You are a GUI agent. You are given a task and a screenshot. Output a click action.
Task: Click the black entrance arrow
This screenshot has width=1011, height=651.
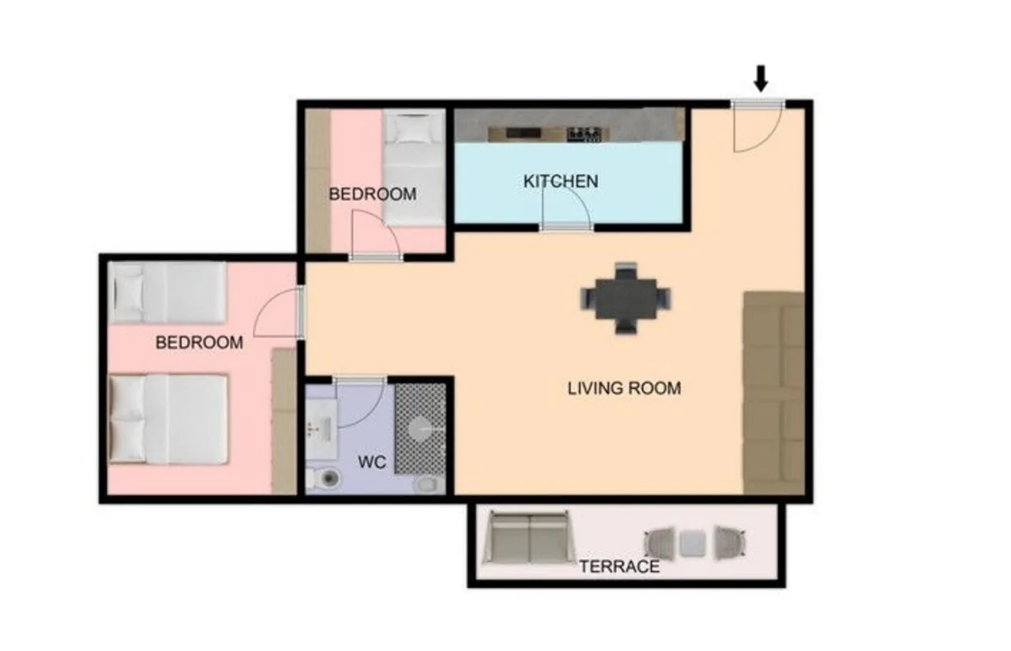761,78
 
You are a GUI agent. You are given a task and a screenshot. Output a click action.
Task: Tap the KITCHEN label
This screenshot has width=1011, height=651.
561,182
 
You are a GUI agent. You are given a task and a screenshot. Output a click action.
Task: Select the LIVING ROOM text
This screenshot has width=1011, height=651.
624,388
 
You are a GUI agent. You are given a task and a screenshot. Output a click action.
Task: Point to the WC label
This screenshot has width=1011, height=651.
372,462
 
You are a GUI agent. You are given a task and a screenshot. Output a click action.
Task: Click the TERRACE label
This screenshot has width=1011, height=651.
619,566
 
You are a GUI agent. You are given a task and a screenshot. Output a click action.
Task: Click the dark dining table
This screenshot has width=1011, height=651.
626,299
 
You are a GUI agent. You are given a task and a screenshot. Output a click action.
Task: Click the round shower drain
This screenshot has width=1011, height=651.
423,428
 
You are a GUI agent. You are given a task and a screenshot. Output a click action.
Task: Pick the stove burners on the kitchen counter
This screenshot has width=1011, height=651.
584,134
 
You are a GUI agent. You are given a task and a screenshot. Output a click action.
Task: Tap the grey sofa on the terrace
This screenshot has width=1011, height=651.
529,537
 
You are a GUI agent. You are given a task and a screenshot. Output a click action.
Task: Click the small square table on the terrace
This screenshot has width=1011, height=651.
693,543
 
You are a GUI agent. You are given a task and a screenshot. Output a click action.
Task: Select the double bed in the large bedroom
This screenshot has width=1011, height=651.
168,419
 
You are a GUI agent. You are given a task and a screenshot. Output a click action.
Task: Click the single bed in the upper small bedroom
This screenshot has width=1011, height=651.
414,168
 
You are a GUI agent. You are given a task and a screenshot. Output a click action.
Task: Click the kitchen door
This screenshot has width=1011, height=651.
566,208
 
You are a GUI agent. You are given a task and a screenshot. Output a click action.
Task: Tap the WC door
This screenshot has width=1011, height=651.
359,402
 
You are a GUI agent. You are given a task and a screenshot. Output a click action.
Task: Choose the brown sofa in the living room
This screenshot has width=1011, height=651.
773,393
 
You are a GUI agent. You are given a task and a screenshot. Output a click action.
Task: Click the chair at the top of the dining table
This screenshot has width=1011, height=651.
626,270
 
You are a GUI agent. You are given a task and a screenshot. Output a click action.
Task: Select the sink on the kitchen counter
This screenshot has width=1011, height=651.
523,133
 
